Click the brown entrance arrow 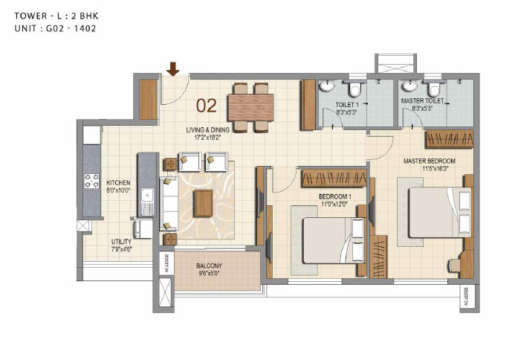(x=172, y=68)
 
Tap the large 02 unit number (x=207, y=106)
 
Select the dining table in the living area (x=250, y=108)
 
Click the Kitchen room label (x=118, y=182)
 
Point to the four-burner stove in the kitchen (x=91, y=181)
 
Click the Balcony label (x=209, y=266)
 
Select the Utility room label (x=121, y=242)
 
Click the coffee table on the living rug (x=203, y=203)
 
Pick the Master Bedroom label (x=429, y=161)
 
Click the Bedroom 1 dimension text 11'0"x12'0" (x=334, y=205)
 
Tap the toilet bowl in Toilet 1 (x=355, y=89)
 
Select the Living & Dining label (x=207, y=130)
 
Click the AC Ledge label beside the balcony (x=166, y=263)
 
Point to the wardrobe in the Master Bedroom (x=450, y=139)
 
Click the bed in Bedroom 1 (x=334, y=240)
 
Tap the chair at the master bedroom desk (x=454, y=266)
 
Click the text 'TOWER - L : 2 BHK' (x=56, y=16)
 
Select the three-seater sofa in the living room (x=169, y=203)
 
